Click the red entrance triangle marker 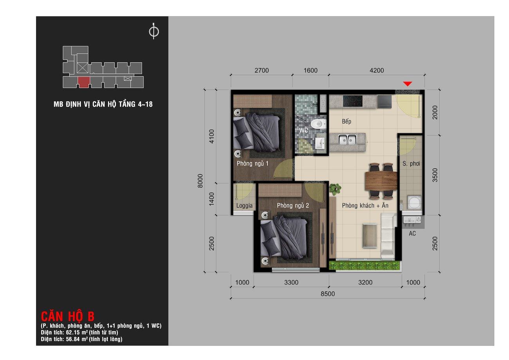(408, 84)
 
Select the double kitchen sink (347, 139)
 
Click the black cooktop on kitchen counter (353, 101)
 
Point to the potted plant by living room (335, 189)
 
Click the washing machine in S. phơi (415, 202)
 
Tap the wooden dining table (381, 181)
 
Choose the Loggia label (244, 206)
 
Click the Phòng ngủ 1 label (253, 164)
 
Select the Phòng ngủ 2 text (293, 206)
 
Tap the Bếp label (347, 121)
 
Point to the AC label (412, 233)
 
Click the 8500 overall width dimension (328, 294)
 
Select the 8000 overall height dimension (200, 181)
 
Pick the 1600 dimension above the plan (310, 71)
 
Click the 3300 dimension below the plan (291, 282)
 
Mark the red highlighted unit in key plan (84, 82)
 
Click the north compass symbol (154, 31)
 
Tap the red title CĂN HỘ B (67, 316)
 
